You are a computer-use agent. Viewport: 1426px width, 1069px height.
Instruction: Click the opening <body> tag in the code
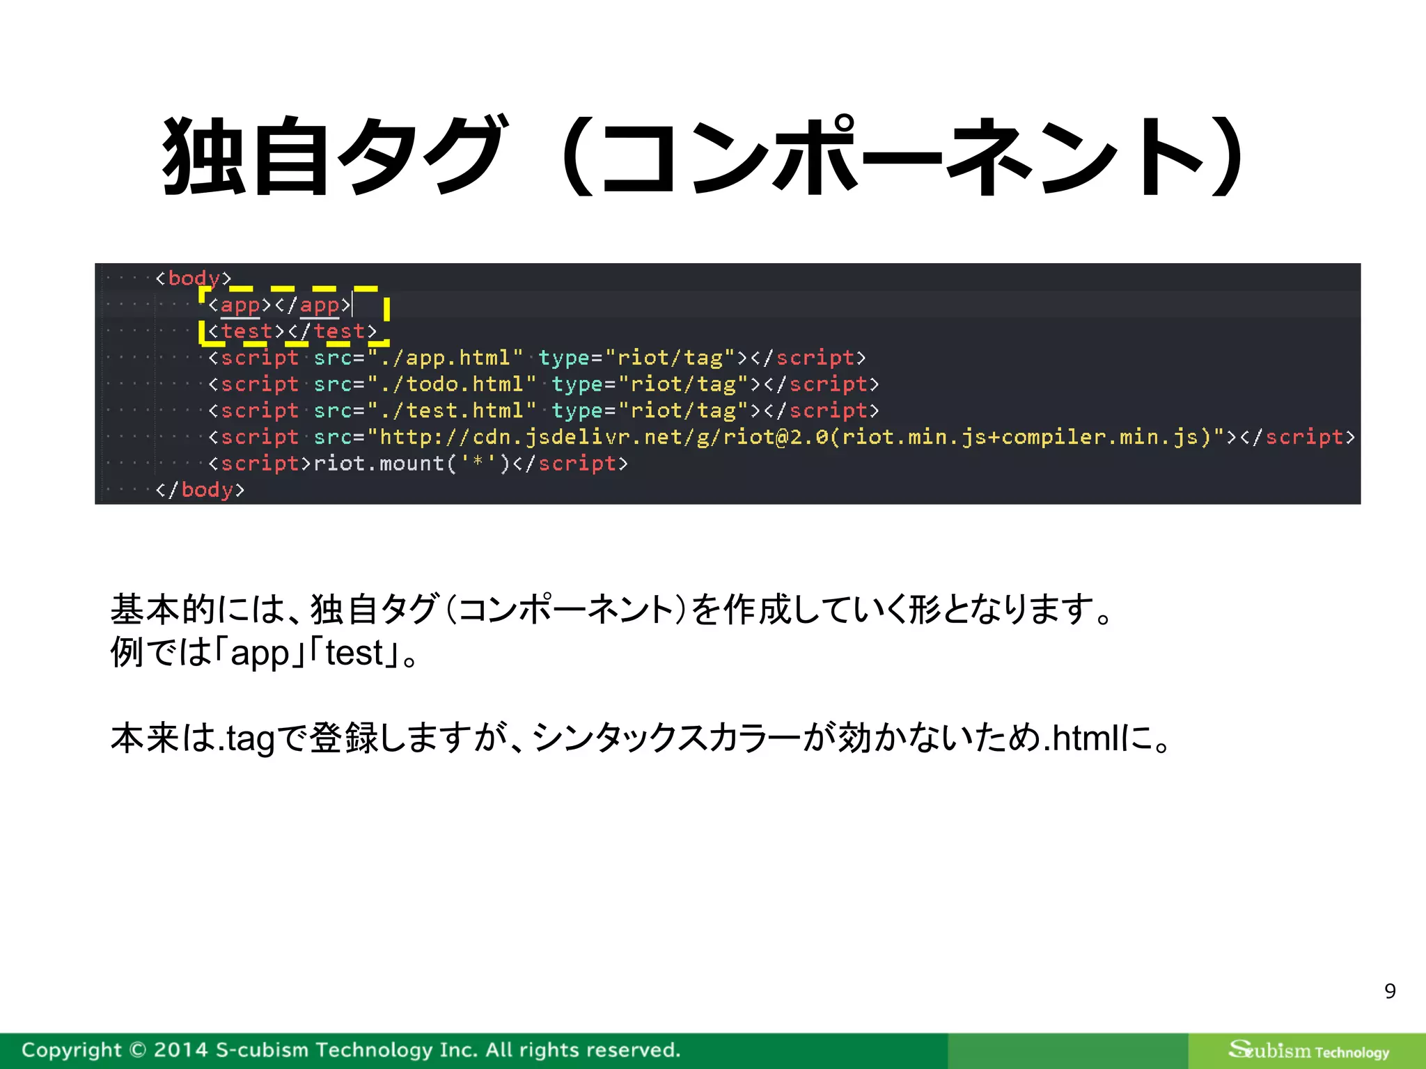[194, 278]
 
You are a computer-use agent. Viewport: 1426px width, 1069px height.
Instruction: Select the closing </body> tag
[201, 490]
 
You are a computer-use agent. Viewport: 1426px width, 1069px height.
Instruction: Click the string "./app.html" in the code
[446, 358]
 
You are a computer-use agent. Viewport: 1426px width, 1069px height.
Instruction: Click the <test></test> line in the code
[292, 331]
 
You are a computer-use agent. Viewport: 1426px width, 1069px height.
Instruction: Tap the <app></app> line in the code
[279, 305]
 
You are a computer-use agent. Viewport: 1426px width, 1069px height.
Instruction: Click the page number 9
[1390, 990]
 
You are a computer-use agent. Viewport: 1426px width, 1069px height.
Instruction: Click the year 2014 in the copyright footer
[180, 1050]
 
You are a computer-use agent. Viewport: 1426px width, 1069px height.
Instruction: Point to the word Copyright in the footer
[72, 1050]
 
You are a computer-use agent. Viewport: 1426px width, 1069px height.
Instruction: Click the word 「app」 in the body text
[260, 653]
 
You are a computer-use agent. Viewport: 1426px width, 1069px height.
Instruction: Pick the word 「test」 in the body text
[354, 653]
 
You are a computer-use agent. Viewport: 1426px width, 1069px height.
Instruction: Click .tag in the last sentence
[246, 738]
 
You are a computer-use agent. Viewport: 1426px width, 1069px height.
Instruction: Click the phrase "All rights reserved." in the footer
[583, 1050]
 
